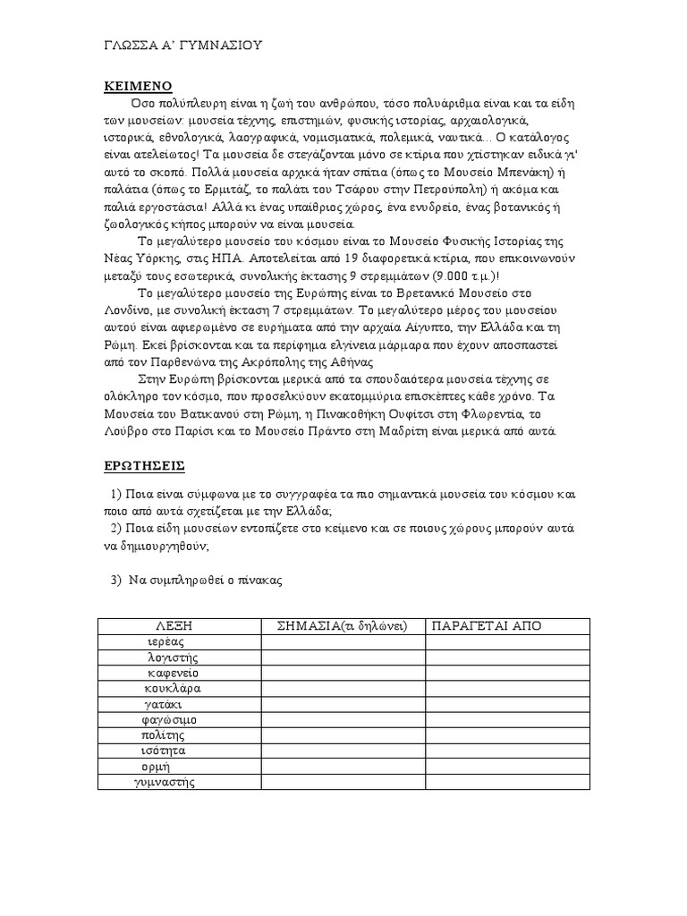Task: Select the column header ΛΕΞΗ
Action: point(179,625)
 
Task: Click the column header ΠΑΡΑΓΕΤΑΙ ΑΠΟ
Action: point(487,625)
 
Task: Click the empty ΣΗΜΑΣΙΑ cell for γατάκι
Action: point(343,704)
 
